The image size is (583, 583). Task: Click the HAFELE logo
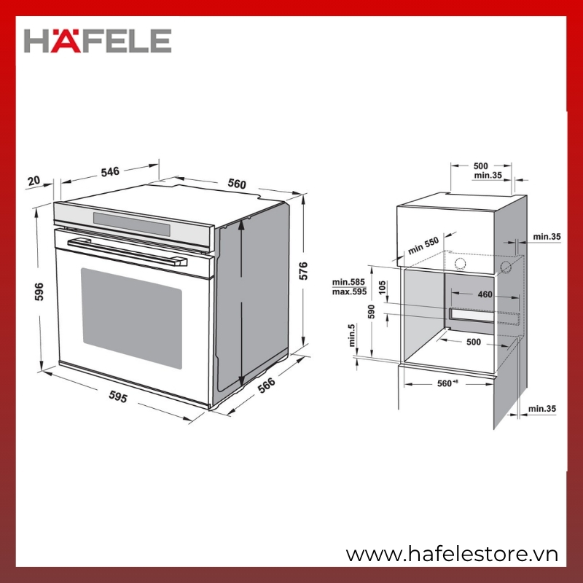(x=98, y=41)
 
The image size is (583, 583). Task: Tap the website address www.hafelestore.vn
(x=452, y=555)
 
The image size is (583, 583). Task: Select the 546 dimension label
(x=110, y=172)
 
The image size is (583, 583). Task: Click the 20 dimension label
(x=34, y=181)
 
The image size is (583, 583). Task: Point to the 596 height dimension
(x=39, y=291)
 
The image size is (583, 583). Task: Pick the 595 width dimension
(x=118, y=396)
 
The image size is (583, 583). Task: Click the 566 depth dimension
(x=267, y=386)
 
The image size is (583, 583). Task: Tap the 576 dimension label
(x=303, y=270)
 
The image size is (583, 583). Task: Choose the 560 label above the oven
(x=237, y=184)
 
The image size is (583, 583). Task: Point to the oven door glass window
(x=132, y=318)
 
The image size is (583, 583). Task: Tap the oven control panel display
(x=132, y=224)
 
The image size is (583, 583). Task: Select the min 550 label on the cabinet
(x=423, y=246)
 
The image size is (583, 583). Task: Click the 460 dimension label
(x=485, y=294)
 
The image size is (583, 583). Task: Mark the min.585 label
(x=348, y=282)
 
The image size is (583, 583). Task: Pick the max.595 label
(x=349, y=292)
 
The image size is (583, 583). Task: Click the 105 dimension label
(x=382, y=287)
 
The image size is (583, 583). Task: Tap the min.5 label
(x=352, y=335)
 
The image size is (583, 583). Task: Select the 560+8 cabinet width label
(x=447, y=383)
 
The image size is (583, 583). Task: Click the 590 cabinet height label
(x=371, y=312)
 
